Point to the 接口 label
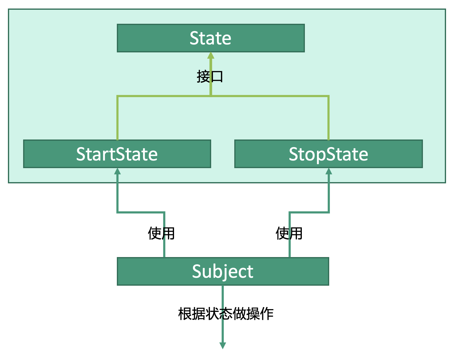pos(210,76)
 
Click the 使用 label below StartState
pos(161,234)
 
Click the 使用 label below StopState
pos(289,234)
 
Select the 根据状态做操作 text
pos(226,314)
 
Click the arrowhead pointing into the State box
pos(211,56)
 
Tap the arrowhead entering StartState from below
pos(117,171)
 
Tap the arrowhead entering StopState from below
pos(329,171)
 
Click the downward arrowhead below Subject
pos(223,345)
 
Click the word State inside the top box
pos(211,38)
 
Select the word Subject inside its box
pos(223,271)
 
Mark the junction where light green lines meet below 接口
pos(211,96)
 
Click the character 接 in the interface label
pos(203,76)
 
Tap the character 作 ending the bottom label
pos(267,314)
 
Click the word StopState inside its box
pos(328,154)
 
